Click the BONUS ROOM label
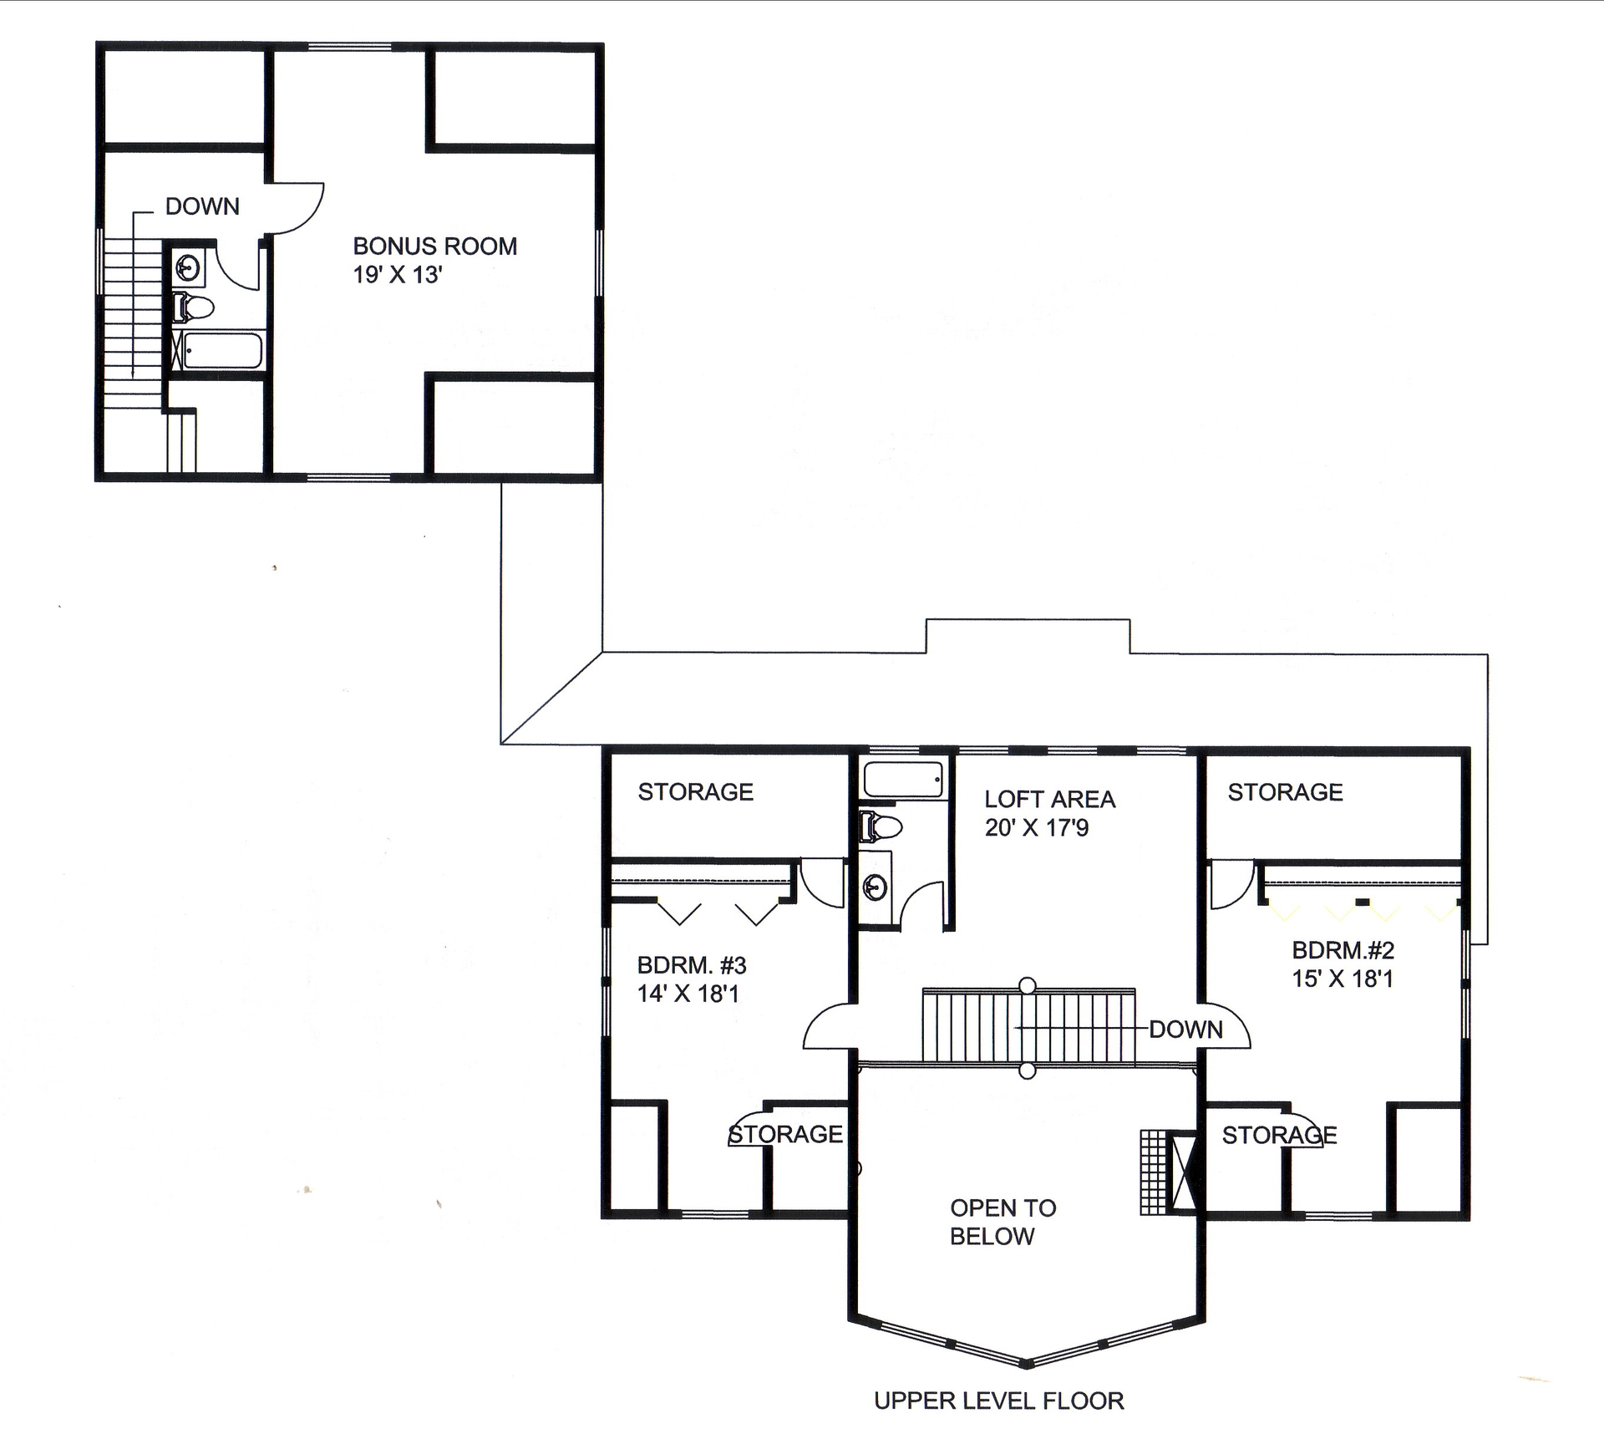pyautogui.click(x=434, y=247)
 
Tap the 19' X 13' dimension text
pyautogui.click(x=397, y=275)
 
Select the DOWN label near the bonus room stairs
pyautogui.click(x=202, y=206)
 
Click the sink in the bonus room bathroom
pyautogui.click(x=188, y=270)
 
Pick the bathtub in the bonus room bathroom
pyautogui.click(x=222, y=351)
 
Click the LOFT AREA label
pyautogui.click(x=1049, y=800)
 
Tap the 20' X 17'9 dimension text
pyautogui.click(x=1036, y=828)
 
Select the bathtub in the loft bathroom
pyautogui.click(x=903, y=780)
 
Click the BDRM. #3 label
pyautogui.click(x=692, y=966)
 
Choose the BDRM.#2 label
pyautogui.click(x=1343, y=950)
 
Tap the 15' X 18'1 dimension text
pyautogui.click(x=1343, y=979)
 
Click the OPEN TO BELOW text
pyautogui.click(x=1002, y=1222)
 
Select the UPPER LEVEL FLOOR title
pyautogui.click(x=998, y=1401)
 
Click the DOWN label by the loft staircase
pyautogui.click(x=1185, y=1030)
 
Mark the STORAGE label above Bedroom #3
pyautogui.click(x=695, y=792)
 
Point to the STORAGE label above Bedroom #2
pyautogui.click(x=1285, y=792)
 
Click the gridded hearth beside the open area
pyautogui.click(x=1153, y=1172)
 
